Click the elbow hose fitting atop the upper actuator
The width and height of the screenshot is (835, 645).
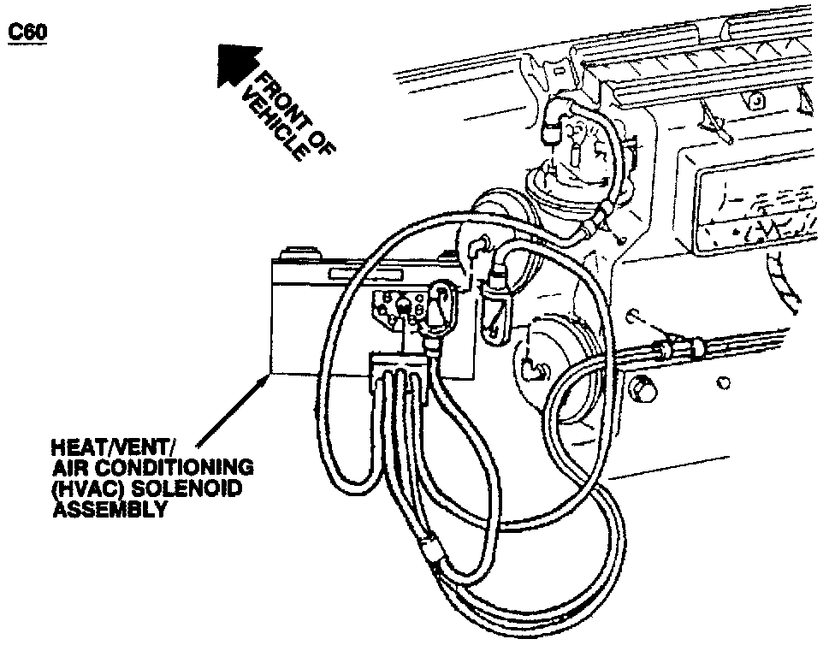[554, 125]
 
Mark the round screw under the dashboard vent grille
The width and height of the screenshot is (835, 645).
[755, 100]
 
